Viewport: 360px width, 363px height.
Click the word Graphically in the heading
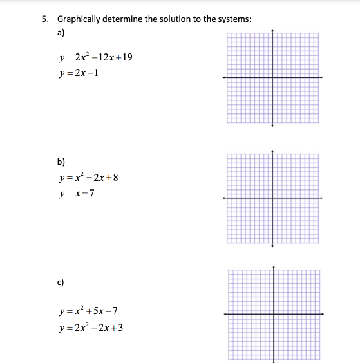point(78,19)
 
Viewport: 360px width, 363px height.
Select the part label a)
point(61,32)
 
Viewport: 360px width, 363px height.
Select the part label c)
point(61,281)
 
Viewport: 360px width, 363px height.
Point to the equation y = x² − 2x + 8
point(89,178)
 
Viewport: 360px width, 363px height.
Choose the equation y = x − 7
point(76,194)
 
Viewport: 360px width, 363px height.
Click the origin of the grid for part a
point(272,77)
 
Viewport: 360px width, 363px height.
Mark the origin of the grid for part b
point(272,198)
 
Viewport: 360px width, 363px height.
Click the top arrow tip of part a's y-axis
point(272,29)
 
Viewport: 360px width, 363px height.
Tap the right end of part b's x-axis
point(323,198)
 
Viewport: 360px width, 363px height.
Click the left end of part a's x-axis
point(223,77)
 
